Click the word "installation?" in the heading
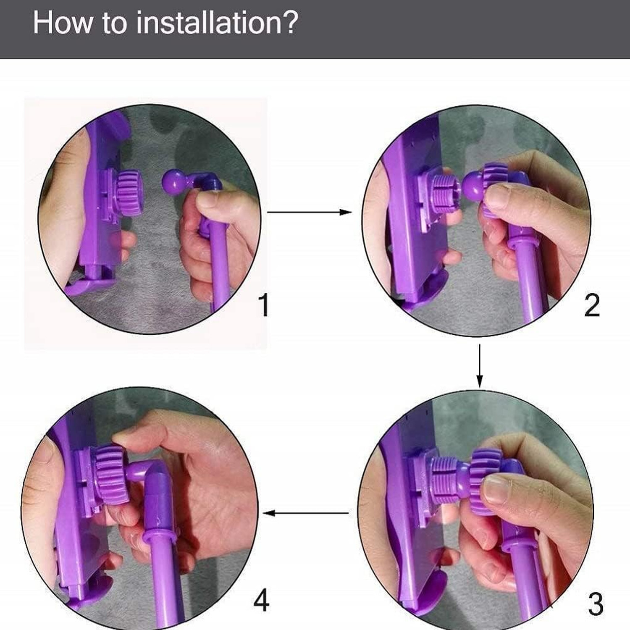(217, 23)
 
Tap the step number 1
(263, 305)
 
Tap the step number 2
(592, 305)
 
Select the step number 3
(596, 604)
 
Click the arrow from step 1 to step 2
(310, 212)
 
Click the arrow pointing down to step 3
(479, 366)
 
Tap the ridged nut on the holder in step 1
(129, 193)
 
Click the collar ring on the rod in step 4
(159, 539)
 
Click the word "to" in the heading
(114, 24)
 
